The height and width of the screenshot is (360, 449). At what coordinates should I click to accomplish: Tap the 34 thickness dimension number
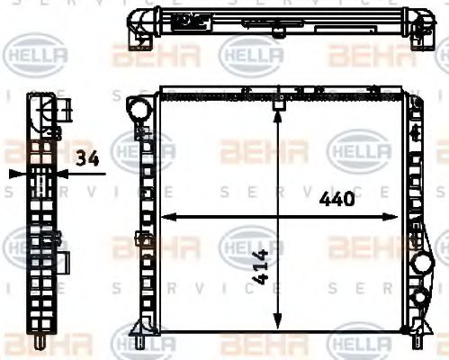pyautogui.click(x=88, y=159)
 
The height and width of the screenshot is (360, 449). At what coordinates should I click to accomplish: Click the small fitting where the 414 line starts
pyautogui.click(x=278, y=102)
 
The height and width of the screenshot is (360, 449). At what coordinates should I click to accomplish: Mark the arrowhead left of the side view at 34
pyautogui.click(x=13, y=173)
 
